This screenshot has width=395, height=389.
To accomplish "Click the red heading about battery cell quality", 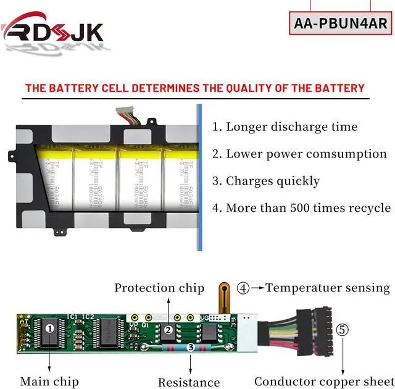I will [x=194, y=88].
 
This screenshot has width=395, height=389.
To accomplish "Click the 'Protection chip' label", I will [x=159, y=288].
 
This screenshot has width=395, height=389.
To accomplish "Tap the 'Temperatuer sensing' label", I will [x=328, y=288].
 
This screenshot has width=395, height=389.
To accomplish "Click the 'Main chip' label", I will [x=49, y=382].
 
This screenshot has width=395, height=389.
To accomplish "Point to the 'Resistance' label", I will [x=189, y=382].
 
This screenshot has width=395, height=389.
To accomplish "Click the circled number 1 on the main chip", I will [x=50, y=328].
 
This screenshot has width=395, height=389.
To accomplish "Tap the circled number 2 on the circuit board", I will [x=168, y=330].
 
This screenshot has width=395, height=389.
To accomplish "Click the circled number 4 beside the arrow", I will [x=244, y=288].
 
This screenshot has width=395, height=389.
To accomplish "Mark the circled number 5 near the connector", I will [x=343, y=329].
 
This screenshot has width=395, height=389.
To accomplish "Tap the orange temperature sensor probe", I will [x=225, y=296].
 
